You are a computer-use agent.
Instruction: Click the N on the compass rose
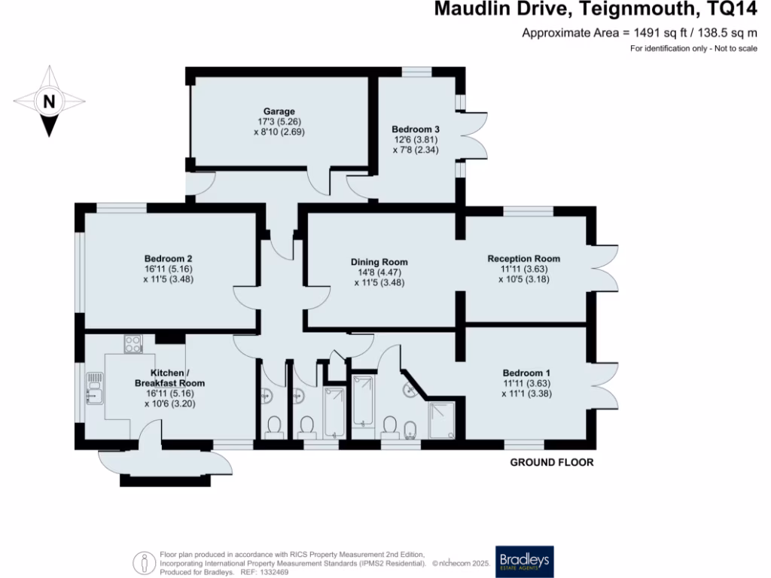pyautogui.click(x=49, y=101)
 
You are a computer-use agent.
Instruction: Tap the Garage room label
pyautogui.click(x=279, y=111)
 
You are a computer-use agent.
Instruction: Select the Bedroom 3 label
pyautogui.click(x=416, y=129)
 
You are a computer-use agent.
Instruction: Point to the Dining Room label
pyautogui.click(x=379, y=262)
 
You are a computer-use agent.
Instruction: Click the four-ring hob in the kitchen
pyautogui.click(x=133, y=344)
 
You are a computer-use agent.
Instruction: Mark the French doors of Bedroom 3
pyautogui.click(x=473, y=135)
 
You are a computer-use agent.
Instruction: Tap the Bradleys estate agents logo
pyautogui.click(x=523, y=561)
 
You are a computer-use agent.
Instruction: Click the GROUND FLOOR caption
pyautogui.click(x=552, y=462)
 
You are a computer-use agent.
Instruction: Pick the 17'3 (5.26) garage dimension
pyautogui.click(x=279, y=121)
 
